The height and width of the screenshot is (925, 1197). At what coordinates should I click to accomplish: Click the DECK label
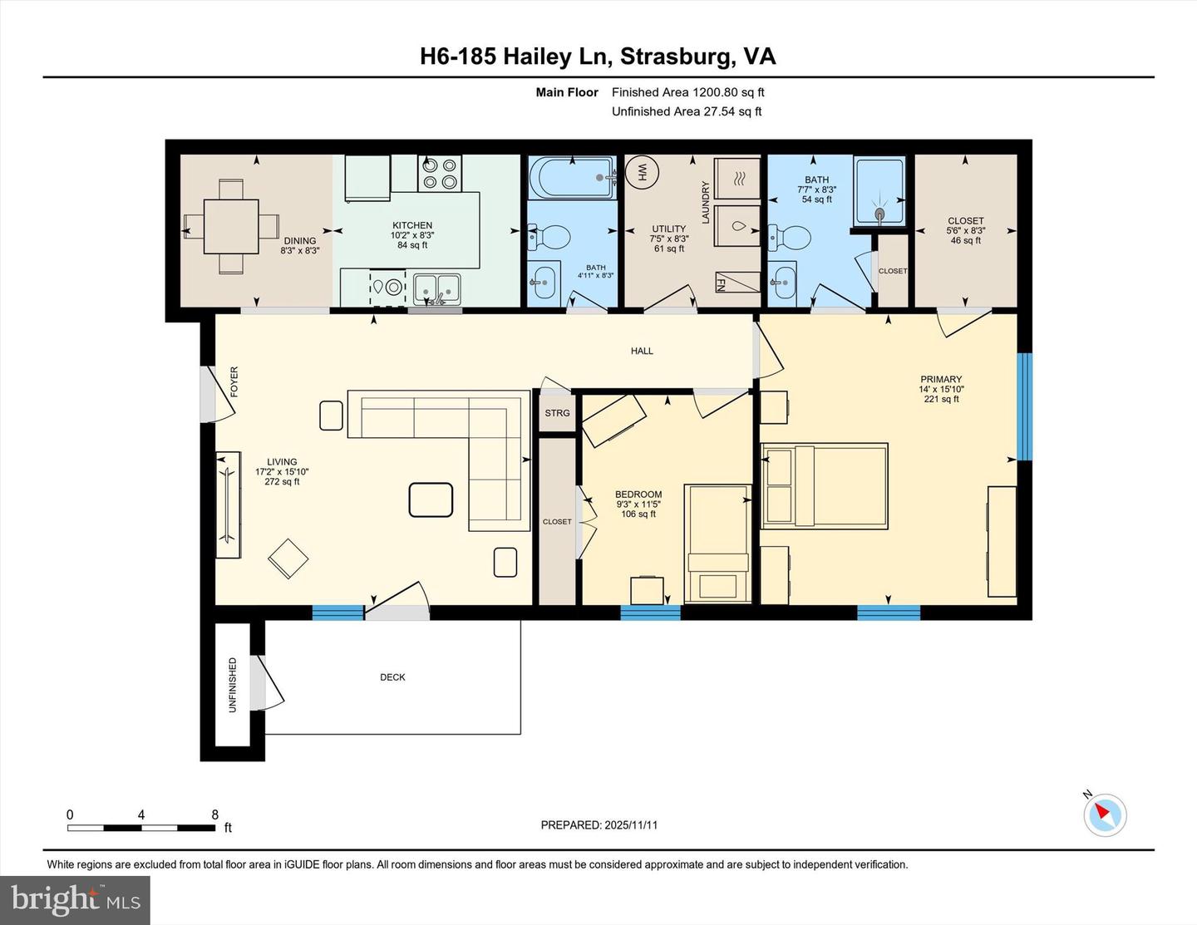392,677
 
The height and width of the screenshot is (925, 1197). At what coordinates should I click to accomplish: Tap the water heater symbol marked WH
642,172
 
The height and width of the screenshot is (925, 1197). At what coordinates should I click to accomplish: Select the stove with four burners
439,173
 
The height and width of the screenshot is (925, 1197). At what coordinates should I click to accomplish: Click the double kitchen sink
437,288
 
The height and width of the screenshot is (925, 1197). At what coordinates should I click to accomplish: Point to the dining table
231,226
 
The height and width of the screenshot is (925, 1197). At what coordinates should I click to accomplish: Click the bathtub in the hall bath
573,177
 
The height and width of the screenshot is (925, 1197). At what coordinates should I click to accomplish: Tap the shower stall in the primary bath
879,191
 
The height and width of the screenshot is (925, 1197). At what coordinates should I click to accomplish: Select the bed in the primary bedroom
825,486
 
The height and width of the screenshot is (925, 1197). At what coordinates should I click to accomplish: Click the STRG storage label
557,413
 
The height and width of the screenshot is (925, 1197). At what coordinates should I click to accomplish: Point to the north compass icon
1105,814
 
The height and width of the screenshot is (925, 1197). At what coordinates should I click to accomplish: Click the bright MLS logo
75,900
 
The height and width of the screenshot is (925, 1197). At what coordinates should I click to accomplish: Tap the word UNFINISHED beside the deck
233,685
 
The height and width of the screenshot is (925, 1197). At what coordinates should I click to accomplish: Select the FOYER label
234,381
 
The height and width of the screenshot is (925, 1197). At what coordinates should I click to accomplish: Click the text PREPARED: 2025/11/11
598,825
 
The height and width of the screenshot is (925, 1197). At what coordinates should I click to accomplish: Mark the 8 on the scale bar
214,815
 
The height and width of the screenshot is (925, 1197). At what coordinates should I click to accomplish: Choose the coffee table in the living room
431,499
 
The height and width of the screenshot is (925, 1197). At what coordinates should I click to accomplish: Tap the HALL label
642,351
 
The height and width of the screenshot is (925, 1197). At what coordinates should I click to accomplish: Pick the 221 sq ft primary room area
941,399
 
